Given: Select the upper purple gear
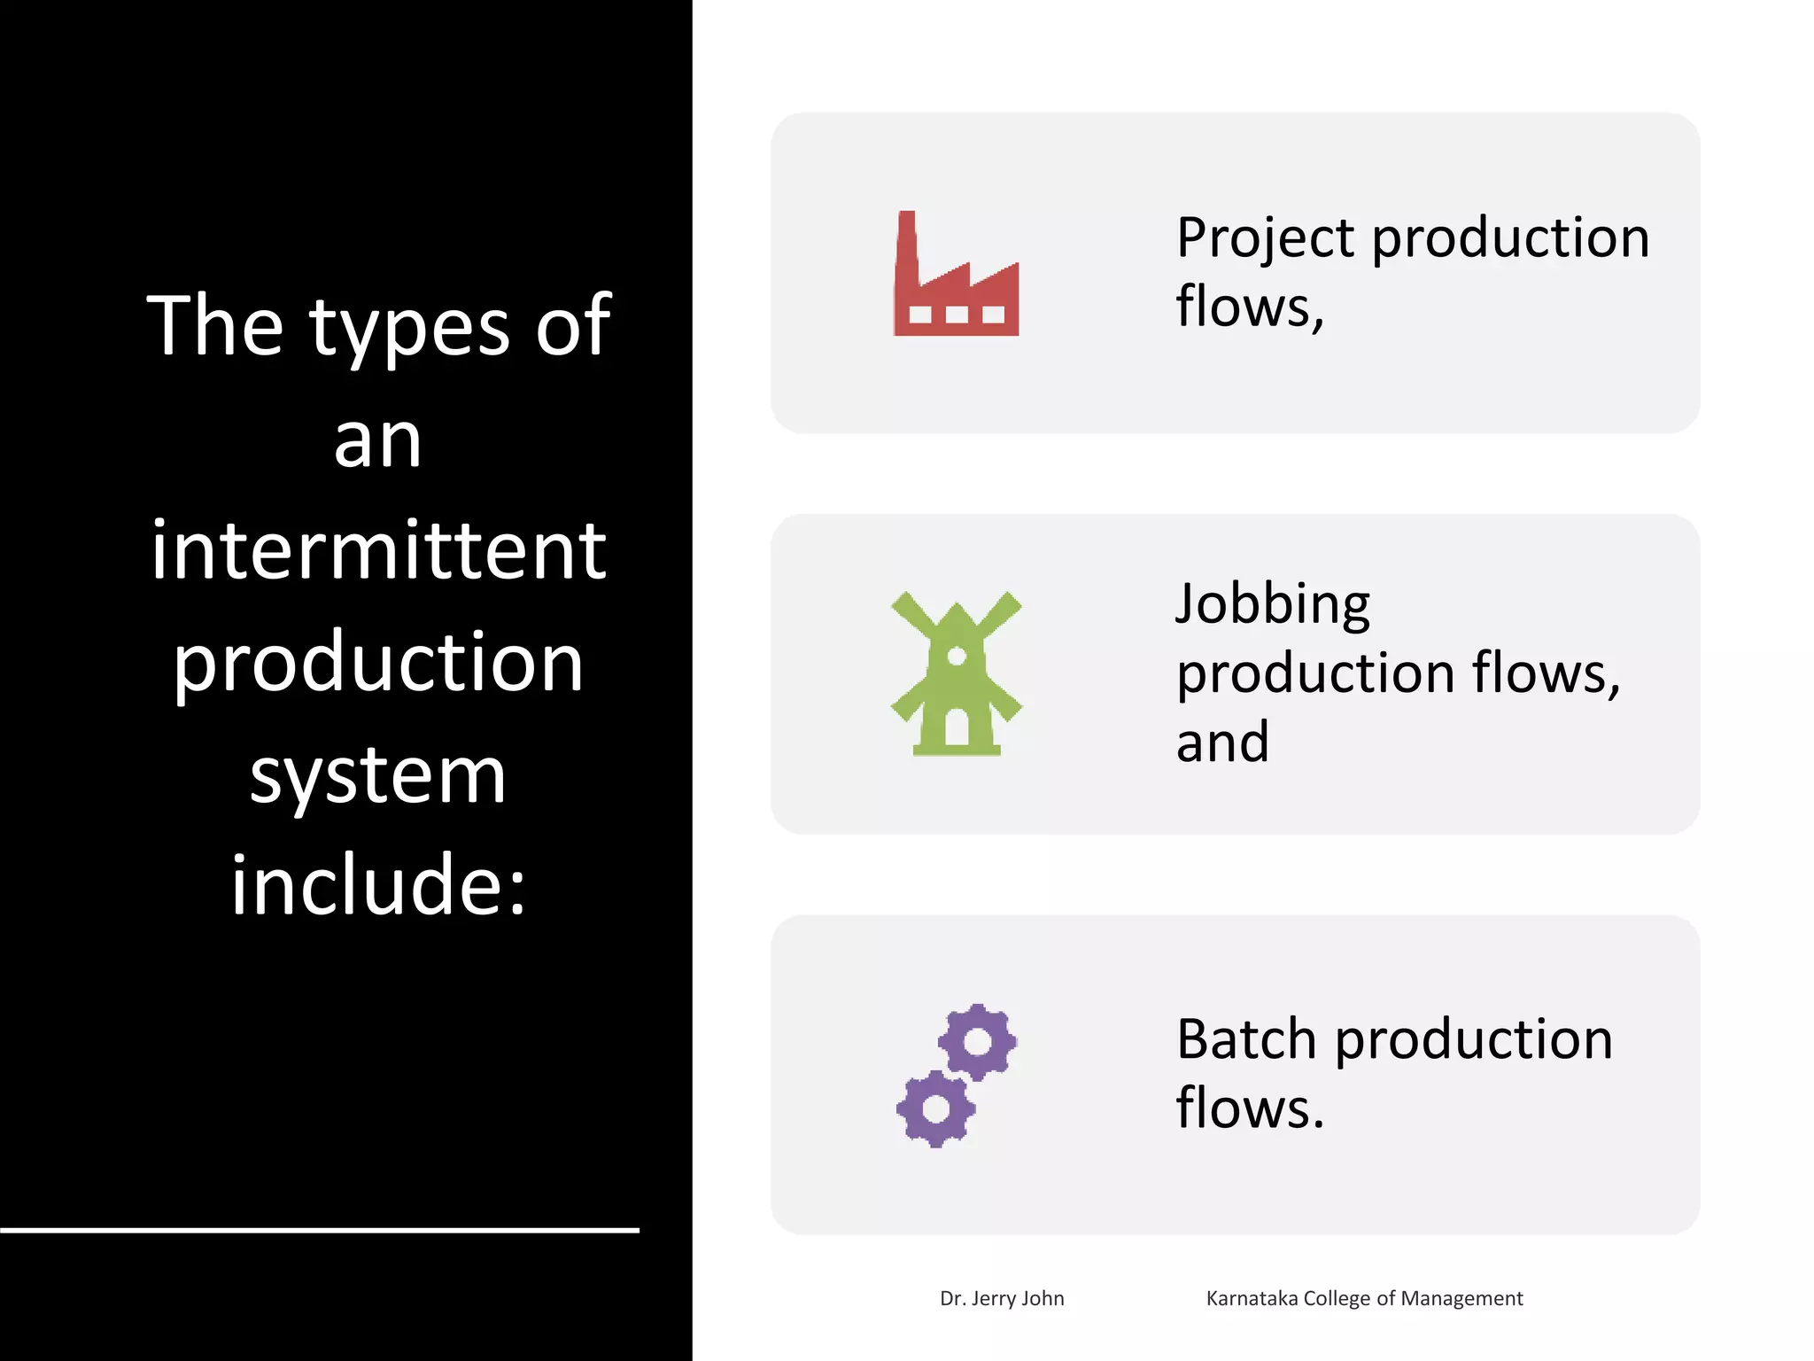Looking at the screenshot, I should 977,1042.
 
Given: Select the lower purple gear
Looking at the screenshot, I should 935,1108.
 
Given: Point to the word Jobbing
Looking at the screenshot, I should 1273,605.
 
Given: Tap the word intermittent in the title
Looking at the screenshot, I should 378,550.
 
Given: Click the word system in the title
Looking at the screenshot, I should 378,776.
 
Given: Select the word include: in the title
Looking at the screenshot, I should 378,885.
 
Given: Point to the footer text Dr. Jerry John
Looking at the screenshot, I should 1002,1298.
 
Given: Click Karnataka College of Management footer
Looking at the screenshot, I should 1364,1298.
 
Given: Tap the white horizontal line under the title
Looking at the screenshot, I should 319,1230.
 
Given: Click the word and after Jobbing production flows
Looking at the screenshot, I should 1222,743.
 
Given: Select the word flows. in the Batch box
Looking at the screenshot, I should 1250,1108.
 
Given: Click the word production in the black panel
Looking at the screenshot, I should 378,663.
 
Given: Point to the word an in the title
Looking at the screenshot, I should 378,440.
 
